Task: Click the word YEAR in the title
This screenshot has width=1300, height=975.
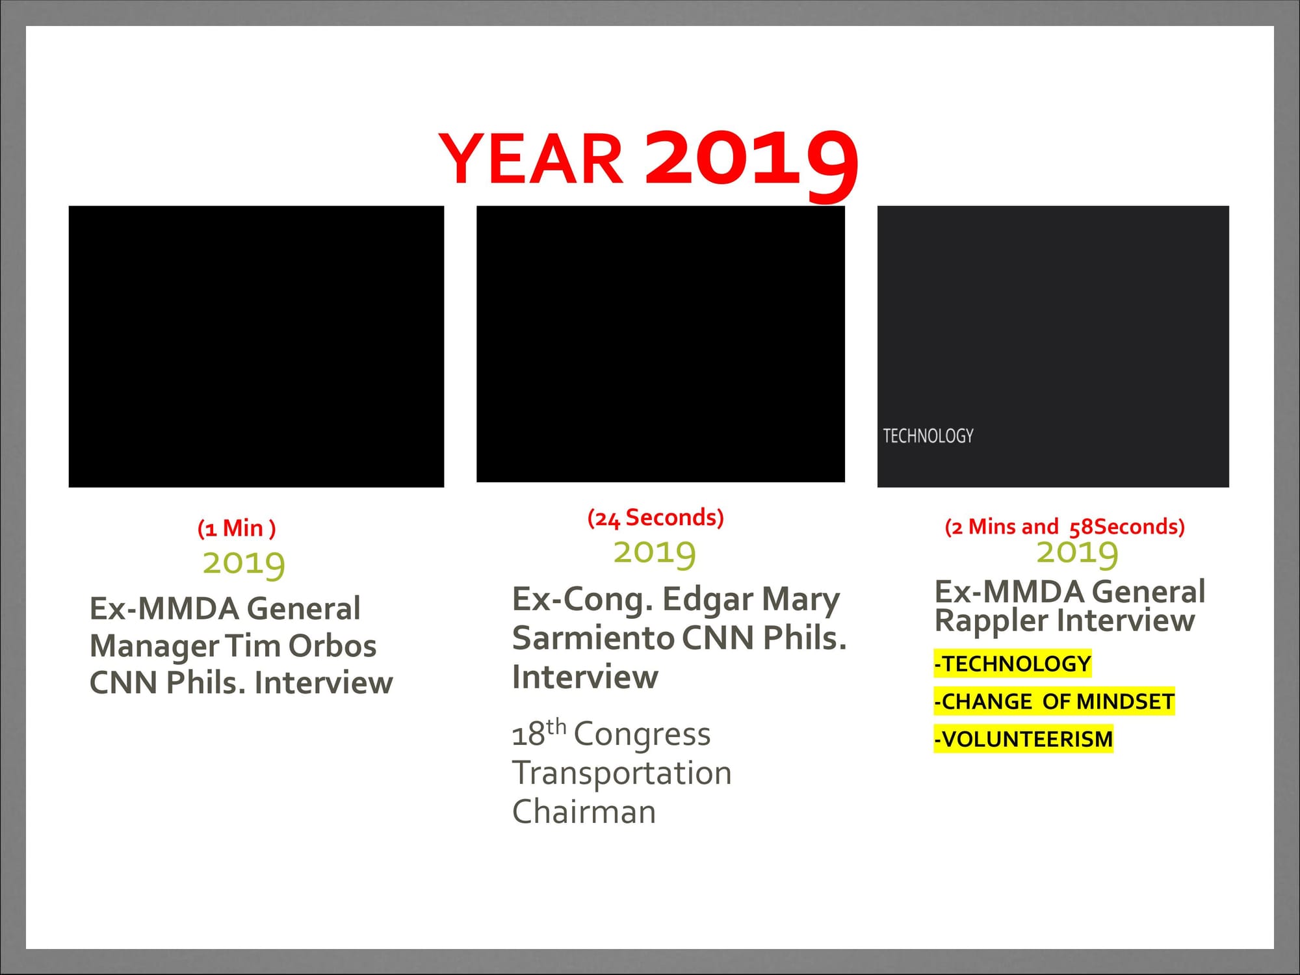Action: click(x=531, y=159)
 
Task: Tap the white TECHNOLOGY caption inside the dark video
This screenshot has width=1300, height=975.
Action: click(x=928, y=435)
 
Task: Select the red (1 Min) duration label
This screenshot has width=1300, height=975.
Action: click(x=237, y=528)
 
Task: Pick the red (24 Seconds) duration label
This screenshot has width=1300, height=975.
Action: click(x=655, y=518)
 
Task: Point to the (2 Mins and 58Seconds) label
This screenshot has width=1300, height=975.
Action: click(x=1065, y=526)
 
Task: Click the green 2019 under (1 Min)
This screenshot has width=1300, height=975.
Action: click(x=244, y=562)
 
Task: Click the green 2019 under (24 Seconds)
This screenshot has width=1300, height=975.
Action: click(x=655, y=552)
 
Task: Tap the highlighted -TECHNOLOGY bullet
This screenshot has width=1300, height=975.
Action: click(x=1012, y=664)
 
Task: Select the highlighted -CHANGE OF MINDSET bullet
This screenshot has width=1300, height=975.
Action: click(x=1054, y=701)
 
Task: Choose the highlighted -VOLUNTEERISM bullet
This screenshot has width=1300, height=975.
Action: click(x=1023, y=739)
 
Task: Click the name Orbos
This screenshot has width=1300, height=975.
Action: click(x=332, y=646)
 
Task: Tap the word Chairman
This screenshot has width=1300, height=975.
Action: click(x=584, y=812)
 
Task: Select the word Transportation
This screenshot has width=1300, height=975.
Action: click(x=622, y=773)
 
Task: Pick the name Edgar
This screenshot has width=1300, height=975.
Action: click(x=707, y=600)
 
